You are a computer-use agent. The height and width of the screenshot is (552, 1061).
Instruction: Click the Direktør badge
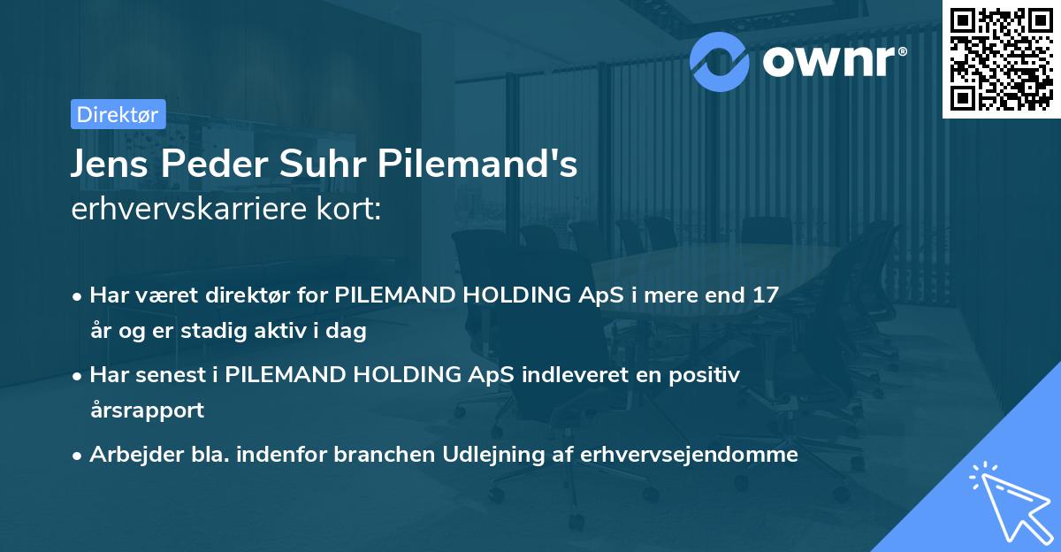click(118, 114)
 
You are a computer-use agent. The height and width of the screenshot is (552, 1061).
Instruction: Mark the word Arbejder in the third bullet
click(126, 455)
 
